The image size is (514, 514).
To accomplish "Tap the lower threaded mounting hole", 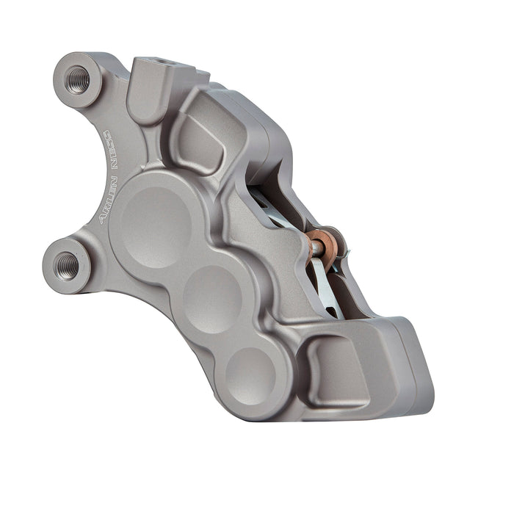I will click(66, 262).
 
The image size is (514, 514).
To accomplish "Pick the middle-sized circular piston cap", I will click(212, 297).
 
